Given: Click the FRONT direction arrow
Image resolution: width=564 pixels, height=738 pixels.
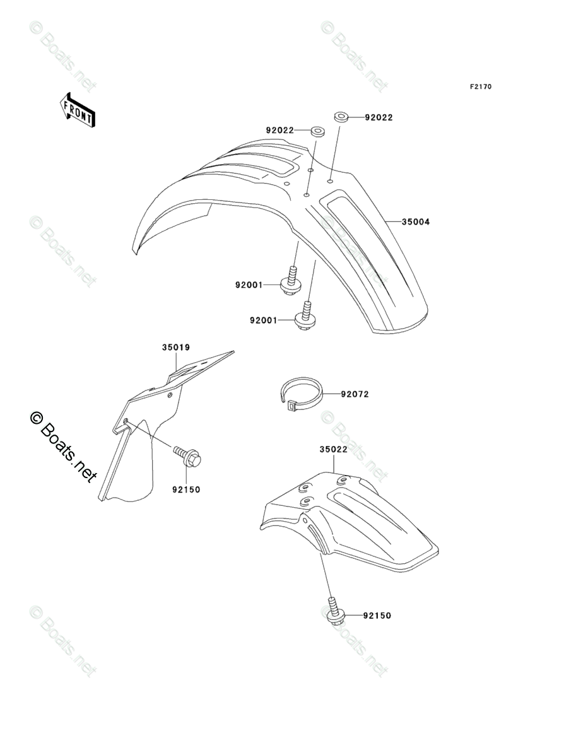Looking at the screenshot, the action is click(x=78, y=110).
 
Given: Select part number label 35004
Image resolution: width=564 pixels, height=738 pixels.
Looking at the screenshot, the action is click(x=417, y=222).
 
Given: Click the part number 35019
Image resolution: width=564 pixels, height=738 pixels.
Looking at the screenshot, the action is click(x=176, y=347).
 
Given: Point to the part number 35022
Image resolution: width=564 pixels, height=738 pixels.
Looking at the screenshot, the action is click(x=334, y=450).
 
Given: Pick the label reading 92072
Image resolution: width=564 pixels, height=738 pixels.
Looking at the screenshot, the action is click(x=355, y=394).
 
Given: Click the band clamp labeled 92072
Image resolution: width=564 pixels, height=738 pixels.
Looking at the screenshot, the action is click(x=301, y=395).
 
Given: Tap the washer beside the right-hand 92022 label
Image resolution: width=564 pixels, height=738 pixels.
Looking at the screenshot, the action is click(x=341, y=117).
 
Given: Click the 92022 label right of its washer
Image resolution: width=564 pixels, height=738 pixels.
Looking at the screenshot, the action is click(x=379, y=117).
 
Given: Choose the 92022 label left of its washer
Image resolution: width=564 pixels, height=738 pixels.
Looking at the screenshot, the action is click(x=280, y=131).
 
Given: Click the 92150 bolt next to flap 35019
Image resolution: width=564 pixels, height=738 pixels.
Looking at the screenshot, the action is click(x=187, y=457).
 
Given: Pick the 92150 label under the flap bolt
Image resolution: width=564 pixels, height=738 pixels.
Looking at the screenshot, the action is click(x=185, y=489).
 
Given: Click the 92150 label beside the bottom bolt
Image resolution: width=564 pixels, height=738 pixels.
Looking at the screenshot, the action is click(x=377, y=615).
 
